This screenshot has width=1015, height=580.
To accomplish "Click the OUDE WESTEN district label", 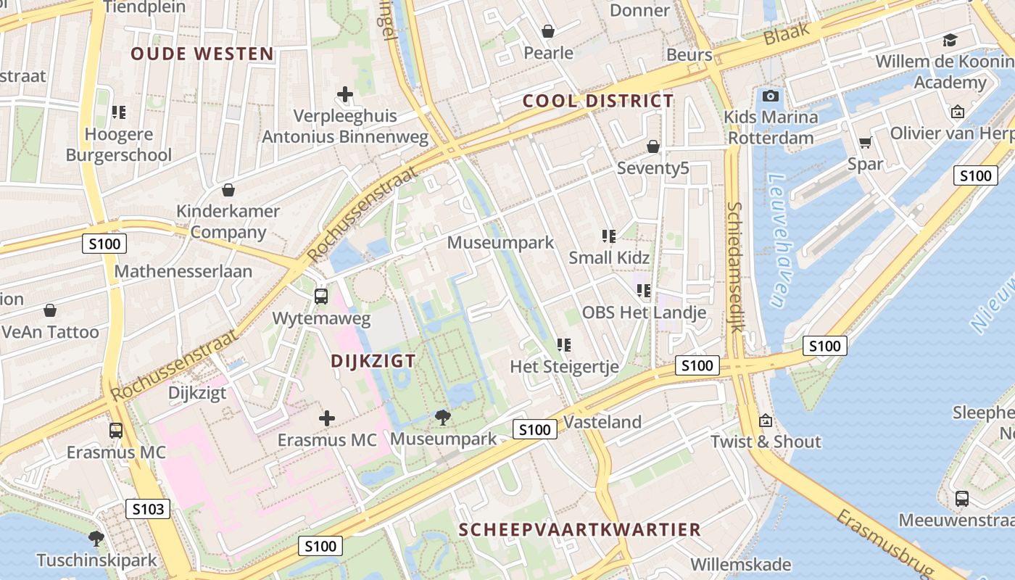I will click(x=202, y=54).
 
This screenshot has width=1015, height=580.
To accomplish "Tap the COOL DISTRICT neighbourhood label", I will click(x=598, y=101).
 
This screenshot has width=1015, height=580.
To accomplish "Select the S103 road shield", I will click(x=148, y=509).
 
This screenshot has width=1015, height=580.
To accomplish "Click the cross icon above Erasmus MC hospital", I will click(x=327, y=418).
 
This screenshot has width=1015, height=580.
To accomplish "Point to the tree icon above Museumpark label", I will click(x=443, y=417).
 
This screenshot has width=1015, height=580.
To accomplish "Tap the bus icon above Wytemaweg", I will click(x=320, y=296).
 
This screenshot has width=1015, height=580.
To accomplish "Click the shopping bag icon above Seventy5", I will click(x=652, y=146).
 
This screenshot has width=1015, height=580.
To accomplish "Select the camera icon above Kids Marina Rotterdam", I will click(x=771, y=96).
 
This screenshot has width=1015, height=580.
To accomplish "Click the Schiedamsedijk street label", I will click(x=735, y=267).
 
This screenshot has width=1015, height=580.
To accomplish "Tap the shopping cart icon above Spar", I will click(x=865, y=142).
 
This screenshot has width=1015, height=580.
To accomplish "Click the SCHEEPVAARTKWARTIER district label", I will click(x=580, y=529).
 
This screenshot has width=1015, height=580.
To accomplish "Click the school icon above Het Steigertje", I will click(x=564, y=345).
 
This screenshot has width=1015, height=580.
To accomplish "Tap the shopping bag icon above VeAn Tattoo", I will click(x=50, y=311).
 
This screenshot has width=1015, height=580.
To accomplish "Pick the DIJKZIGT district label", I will click(x=373, y=361).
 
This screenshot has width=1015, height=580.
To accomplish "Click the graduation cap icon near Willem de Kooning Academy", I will click(x=950, y=40).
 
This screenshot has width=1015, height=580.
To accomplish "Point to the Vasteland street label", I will click(x=602, y=422).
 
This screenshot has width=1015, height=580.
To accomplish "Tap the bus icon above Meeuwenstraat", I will click(x=961, y=499).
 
